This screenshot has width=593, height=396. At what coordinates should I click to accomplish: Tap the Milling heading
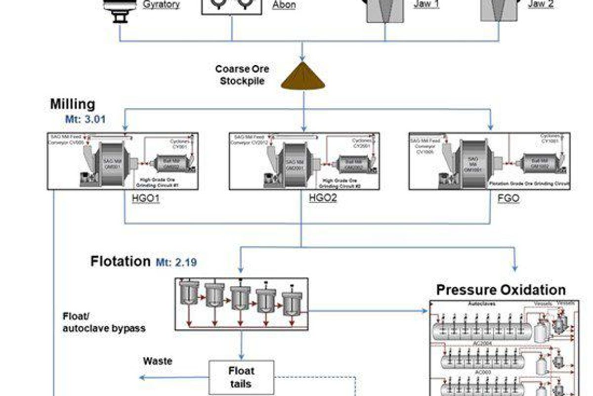[x=72, y=105]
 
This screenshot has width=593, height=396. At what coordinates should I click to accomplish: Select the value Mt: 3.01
[x=85, y=119]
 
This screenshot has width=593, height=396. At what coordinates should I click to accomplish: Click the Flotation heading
[x=120, y=261]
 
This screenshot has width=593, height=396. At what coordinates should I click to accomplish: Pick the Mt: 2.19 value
[x=176, y=262]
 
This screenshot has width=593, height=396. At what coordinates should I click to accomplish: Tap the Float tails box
[x=242, y=377]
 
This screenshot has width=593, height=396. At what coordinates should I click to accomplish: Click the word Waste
[x=158, y=361]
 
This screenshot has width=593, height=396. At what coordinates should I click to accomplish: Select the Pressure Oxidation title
[x=501, y=290]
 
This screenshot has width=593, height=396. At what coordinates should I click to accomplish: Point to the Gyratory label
[x=161, y=5]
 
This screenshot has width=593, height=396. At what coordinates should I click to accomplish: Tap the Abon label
[x=284, y=5]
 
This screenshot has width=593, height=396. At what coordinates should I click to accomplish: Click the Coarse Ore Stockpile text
[x=242, y=75]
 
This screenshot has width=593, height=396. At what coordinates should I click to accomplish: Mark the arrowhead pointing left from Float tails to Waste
[x=142, y=378]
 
